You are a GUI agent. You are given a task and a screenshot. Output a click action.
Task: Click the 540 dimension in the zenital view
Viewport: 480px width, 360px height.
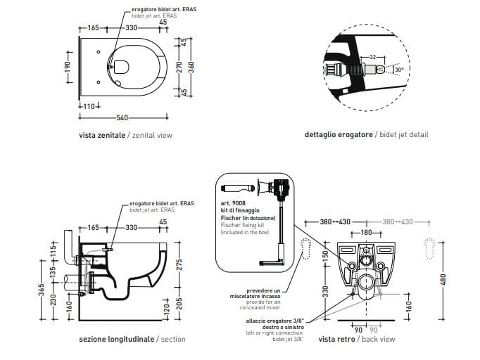(x=122, y=117)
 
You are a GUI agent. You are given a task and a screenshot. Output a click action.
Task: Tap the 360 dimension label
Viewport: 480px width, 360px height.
(x=190, y=67)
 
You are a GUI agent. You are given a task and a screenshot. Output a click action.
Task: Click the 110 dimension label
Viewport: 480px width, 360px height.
(x=89, y=105)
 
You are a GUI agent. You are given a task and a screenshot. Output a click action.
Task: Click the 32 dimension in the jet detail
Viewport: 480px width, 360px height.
(x=373, y=56)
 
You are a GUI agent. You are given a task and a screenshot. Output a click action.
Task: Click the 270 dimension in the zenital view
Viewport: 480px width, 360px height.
(x=179, y=67)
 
